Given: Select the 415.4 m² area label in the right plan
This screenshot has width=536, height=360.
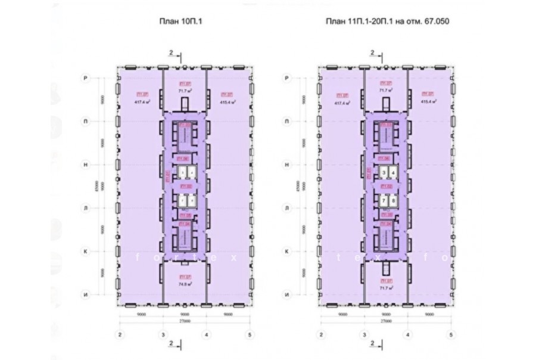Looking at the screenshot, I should (428, 101).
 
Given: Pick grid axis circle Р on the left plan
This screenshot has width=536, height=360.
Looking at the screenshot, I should (85, 79).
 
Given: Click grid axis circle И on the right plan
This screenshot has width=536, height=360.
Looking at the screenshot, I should (287, 295).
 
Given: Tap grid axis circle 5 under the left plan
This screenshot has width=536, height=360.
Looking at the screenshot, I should (250, 334).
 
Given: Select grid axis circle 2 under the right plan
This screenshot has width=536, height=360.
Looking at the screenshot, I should (321, 334).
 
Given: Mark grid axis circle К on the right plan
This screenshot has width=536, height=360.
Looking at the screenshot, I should (287, 252).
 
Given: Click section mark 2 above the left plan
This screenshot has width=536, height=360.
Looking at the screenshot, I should (171, 54).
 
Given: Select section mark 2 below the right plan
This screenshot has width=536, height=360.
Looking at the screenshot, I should (372, 343).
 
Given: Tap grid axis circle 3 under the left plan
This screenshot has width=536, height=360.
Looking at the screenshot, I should (163, 334).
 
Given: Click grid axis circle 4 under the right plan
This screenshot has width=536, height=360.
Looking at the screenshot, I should (408, 334).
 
